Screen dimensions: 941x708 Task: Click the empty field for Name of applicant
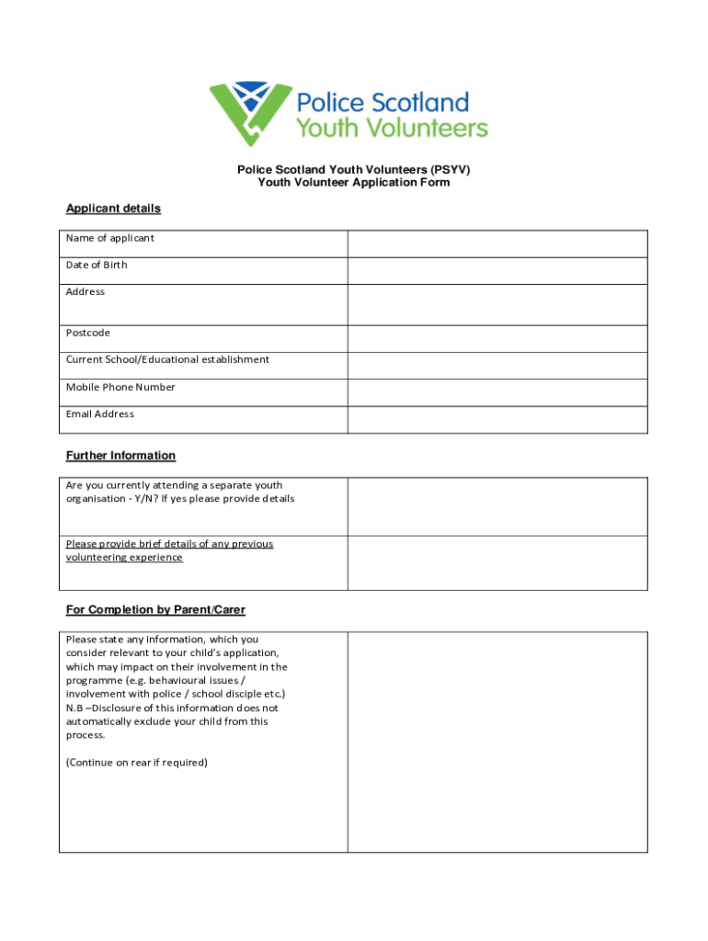497,244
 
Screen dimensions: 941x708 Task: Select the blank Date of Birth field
497,270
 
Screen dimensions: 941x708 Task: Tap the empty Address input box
497,304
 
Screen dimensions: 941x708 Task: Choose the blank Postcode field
497,338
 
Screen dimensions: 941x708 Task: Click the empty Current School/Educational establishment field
497,365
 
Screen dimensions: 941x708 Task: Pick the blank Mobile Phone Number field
497,392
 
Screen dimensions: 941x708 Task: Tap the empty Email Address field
497,419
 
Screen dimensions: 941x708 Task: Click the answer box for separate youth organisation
497,506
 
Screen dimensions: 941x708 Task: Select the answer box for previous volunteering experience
497,562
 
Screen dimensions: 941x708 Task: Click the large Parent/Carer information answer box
497,742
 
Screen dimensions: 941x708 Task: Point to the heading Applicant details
113,209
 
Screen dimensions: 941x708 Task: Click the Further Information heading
120,456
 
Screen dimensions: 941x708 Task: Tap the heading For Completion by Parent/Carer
155,610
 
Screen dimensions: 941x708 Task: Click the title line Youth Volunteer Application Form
354,183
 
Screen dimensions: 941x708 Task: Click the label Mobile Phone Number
120,387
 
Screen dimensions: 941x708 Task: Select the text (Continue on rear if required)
137,763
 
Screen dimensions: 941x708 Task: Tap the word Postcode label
88,333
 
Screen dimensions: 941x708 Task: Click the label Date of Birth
97,265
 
